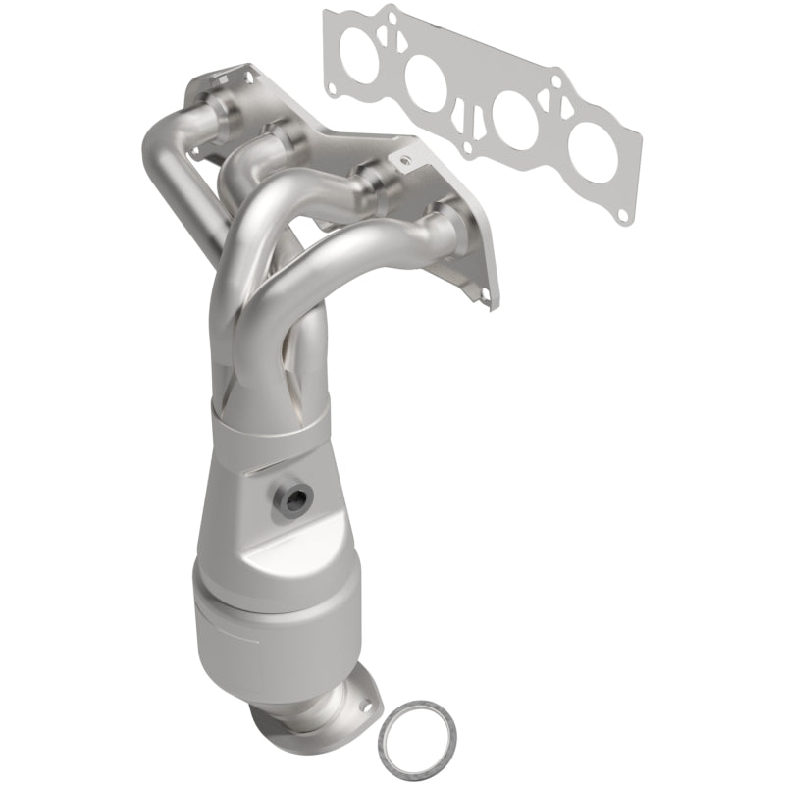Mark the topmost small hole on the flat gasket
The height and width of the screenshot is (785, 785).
click(x=392, y=14)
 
